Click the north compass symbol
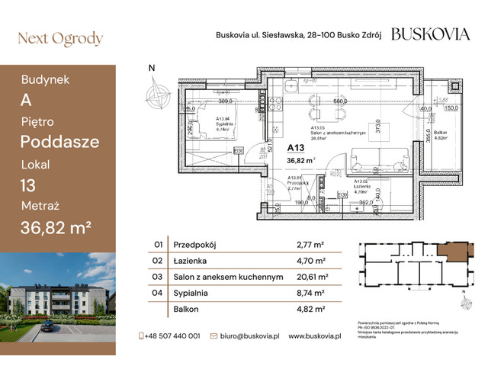point(159,95)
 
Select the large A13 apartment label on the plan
point(298,148)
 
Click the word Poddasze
point(59,142)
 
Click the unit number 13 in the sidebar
point(30,185)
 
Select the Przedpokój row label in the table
point(197,246)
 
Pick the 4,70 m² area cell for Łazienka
point(310,262)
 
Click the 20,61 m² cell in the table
point(312,278)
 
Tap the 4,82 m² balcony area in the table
point(310,310)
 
